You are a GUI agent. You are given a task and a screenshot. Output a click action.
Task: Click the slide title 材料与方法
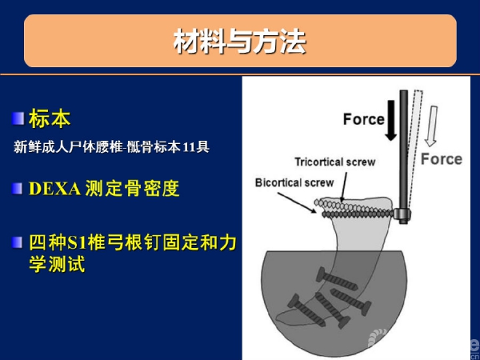[x=240, y=42]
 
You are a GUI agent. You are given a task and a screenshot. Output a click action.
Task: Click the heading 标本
[x=50, y=118]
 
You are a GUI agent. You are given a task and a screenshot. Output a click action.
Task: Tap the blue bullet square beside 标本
[x=18, y=118]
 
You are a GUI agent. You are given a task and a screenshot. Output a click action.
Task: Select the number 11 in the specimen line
[x=189, y=147]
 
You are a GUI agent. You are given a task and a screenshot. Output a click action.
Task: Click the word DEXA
[x=54, y=189]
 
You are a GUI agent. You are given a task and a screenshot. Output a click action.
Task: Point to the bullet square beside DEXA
[x=17, y=189]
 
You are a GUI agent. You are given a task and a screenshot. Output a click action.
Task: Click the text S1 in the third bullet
[x=77, y=242]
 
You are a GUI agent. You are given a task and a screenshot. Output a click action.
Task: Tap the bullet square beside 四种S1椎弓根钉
[x=17, y=242]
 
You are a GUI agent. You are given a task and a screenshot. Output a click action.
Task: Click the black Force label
[x=364, y=119]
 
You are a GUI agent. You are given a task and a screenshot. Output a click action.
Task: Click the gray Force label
[x=442, y=159]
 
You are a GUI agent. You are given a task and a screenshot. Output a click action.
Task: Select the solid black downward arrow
[x=391, y=120]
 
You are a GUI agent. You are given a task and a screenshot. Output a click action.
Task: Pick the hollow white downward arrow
[x=431, y=126]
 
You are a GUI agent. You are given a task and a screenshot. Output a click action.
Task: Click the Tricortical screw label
[x=335, y=162]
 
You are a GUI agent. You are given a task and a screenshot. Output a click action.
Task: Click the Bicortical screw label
[x=294, y=182]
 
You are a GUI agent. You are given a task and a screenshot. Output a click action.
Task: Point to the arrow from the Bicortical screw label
[x=297, y=202]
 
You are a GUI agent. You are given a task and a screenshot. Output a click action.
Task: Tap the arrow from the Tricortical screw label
[x=344, y=186]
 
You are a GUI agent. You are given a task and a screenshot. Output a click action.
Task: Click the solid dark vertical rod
[x=404, y=150]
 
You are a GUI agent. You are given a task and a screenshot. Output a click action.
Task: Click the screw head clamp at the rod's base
[x=402, y=215]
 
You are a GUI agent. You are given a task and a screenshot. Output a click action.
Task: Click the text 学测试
[x=57, y=264]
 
